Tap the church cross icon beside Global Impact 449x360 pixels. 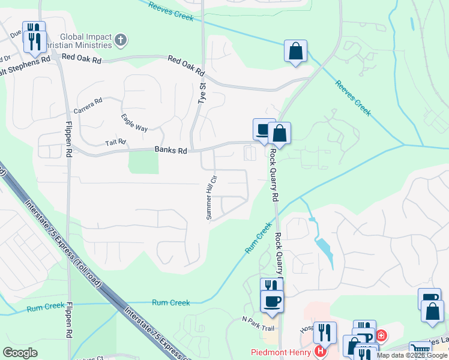point(121,41)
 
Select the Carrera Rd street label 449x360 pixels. point(88,106)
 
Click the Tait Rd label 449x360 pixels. point(116,142)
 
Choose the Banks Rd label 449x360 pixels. point(170,150)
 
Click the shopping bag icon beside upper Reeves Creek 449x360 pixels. point(295,52)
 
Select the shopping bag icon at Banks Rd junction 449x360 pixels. point(279,133)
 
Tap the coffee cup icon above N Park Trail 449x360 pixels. point(272,301)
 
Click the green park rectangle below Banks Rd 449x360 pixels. point(143,162)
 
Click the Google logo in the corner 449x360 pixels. point(20,352)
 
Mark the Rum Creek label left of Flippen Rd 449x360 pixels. point(46,306)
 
